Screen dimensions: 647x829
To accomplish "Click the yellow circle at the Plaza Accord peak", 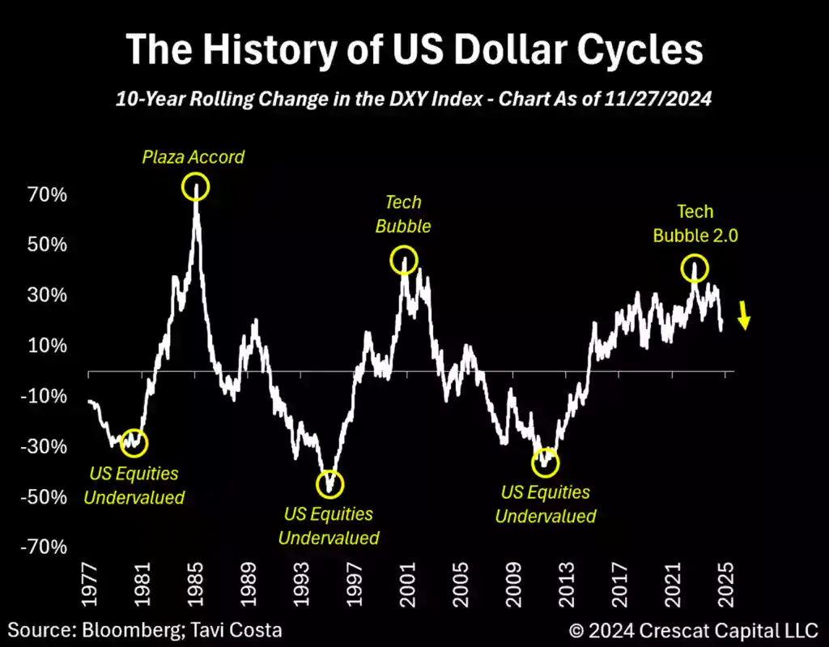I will [x=196, y=187].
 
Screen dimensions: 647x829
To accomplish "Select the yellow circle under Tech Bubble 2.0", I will [x=695, y=268].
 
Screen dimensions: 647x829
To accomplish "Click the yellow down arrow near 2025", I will [x=745, y=314].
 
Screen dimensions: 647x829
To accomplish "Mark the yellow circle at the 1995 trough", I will [x=329, y=484].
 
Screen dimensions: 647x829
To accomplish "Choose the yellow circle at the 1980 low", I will [x=135, y=442].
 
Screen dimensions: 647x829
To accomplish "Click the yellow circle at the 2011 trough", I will [x=545, y=462].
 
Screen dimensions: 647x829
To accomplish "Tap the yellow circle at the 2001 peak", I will [x=404, y=260].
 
